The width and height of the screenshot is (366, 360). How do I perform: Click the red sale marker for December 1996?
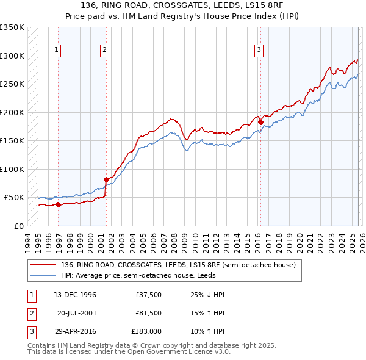coord(59,204)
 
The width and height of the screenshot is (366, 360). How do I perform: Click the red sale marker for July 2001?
coord(106,179)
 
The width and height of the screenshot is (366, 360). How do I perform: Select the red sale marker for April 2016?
coord(260,122)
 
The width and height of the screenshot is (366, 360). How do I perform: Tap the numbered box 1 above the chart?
coord(57,50)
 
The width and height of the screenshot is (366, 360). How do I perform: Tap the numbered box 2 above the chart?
coord(105,50)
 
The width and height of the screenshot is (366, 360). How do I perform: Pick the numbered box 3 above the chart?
coord(259,50)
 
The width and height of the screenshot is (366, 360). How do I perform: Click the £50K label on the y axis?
coord(14,198)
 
